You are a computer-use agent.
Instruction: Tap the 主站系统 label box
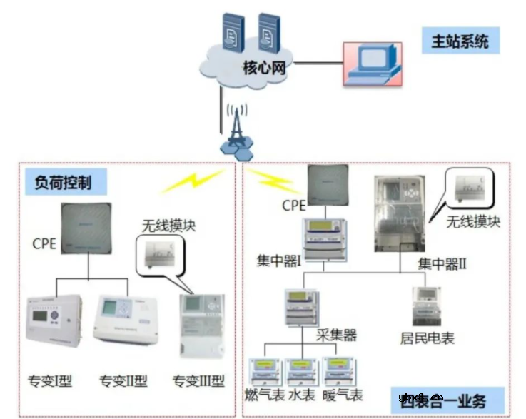pos(460,41)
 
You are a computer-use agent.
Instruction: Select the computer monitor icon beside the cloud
pos(372,62)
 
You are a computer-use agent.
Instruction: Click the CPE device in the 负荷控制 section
pos(88,228)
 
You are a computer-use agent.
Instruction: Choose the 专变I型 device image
pos(54,319)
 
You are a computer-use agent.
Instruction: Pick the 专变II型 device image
pos(124,319)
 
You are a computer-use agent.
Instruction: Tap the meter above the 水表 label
pos(302,372)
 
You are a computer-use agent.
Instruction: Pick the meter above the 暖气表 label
pos(340,372)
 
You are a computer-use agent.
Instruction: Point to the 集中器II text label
pos(442,264)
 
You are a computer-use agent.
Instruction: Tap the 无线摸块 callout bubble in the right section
pos(470,190)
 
